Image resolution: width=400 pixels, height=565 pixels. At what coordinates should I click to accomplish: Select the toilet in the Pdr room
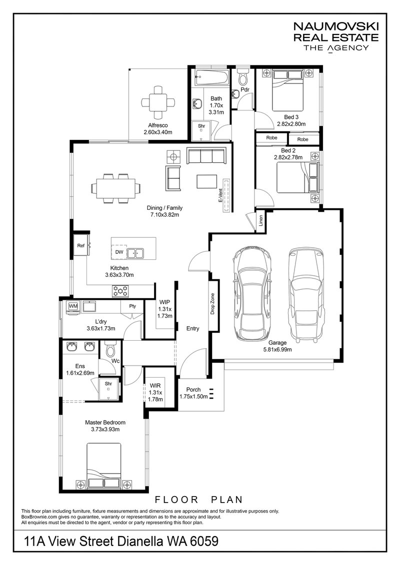[243, 77]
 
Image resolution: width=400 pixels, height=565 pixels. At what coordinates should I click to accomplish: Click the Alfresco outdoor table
[157, 101]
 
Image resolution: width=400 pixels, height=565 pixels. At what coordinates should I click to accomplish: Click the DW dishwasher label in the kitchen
[119, 253]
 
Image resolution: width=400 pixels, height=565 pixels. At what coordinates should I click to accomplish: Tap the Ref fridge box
[80, 245]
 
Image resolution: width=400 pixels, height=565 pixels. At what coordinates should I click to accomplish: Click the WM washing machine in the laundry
[73, 306]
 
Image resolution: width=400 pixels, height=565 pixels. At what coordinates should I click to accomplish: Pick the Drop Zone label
[212, 304]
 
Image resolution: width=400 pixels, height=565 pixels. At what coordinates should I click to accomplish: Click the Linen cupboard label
[260, 222]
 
